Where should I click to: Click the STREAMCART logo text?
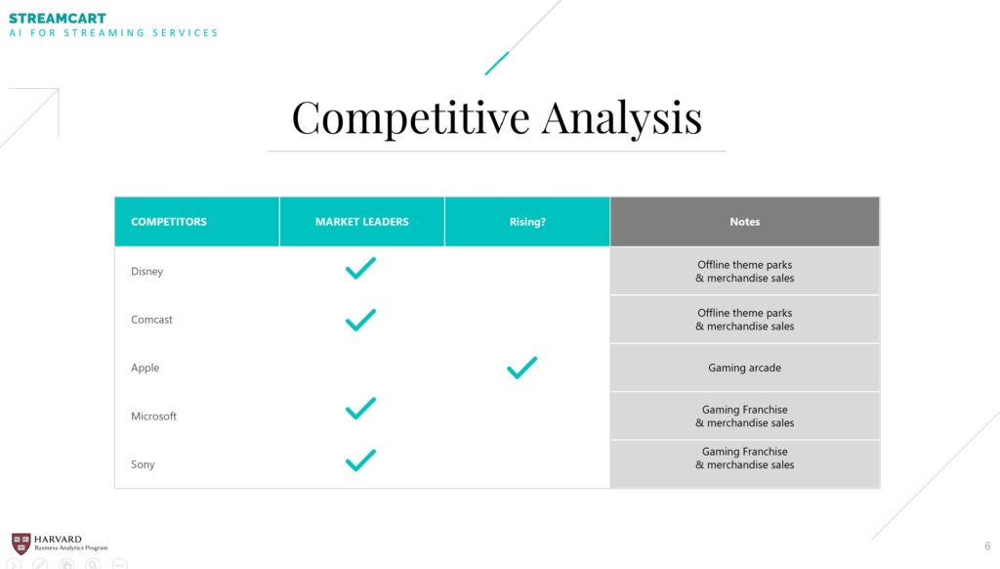pyautogui.click(x=58, y=19)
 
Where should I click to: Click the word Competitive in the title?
pyautogui.click(x=411, y=117)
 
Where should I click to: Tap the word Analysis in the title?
pyautogui.click(x=622, y=117)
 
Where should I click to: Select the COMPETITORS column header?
pyautogui.click(x=169, y=222)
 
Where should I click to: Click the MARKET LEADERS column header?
pyautogui.click(x=361, y=222)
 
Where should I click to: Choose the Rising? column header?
pyautogui.click(x=527, y=222)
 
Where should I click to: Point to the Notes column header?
pyautogui.click(x=745, y=222)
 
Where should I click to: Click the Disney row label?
pyautogui.click(x=147, y=272)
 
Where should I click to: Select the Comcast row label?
pyautogui.click(x=151, y=320)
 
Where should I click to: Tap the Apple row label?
pyautogui.click(x=146, y=368)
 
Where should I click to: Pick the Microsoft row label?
pyautogui.click(x=153, y=416)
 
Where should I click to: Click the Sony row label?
pyautogui.click(x=143, y=464)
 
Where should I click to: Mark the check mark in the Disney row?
pyautogui.click(x=360, y=268)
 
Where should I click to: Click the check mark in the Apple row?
pyautogui.click(x=521, y=368)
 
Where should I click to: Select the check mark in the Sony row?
pyautogui.click(x=360, y=460)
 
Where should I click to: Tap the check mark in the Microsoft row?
pyautogui.click(x=360, y=409)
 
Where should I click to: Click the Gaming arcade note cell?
pyautogui.click(x=745, y=368)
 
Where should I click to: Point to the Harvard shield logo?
pyautogui.click(x=21, y=544)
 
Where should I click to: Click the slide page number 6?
pyautogui.click(x=987, y=546)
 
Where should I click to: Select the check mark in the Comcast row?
pyautogui.click(x=360, y=320)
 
